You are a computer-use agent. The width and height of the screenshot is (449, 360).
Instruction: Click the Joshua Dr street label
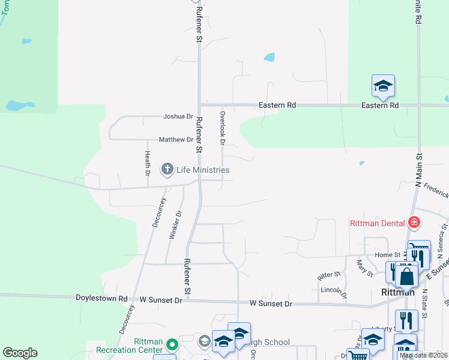[178, 116]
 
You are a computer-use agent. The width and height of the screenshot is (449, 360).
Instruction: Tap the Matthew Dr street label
[176, 140]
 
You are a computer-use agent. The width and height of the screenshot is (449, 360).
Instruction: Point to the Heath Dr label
[147, 163]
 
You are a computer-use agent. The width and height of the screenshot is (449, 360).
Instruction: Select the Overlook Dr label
[222, 128]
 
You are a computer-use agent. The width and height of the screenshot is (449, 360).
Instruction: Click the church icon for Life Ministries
[167, 170]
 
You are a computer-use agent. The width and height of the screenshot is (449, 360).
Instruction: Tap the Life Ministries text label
[203, 170]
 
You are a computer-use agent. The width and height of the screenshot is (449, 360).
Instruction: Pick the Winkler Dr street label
[175, 225]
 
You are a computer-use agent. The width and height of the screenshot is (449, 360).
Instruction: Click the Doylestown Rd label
[101, 298]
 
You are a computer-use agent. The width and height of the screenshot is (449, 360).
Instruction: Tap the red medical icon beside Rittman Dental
[413, 223]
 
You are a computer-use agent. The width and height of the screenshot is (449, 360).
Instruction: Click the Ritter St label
[329, 274]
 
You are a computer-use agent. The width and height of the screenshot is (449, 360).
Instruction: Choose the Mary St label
[364, 267]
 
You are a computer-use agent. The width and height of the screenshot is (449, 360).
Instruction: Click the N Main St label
[419, 170]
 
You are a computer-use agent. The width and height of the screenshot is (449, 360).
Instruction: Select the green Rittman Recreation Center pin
[172, 344]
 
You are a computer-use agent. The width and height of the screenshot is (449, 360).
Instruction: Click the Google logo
[20, 353]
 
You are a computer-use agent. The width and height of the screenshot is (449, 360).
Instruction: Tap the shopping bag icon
[406, 277]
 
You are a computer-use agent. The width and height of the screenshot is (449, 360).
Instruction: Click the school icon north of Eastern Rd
[382, 85]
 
